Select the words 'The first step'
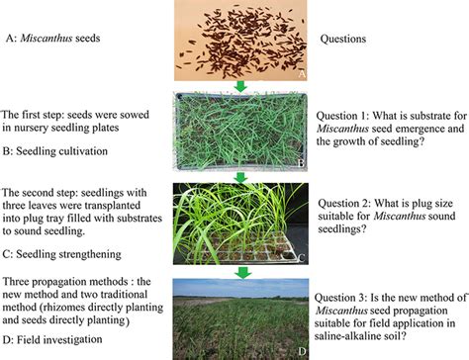(x=41, y=113)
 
